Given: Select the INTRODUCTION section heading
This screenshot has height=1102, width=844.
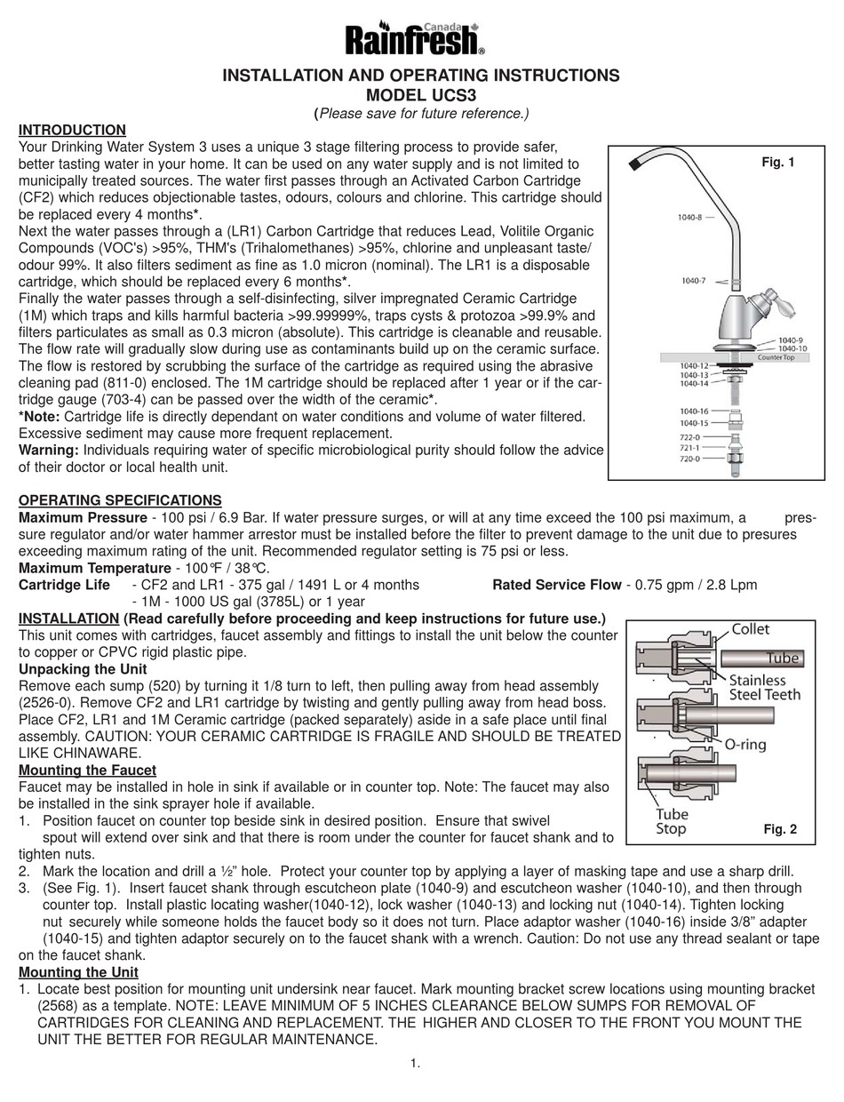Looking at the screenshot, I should point(72,130).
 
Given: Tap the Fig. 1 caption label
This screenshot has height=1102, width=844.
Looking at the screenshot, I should point(778,162).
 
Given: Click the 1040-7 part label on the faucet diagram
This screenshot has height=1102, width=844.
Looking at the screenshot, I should point(694,281).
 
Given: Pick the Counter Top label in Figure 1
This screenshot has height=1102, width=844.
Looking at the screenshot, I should point(775,357).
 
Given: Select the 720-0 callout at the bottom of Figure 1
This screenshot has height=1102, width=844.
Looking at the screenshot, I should point(690,459).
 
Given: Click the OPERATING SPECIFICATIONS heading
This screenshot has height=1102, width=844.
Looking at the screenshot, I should point(120,500).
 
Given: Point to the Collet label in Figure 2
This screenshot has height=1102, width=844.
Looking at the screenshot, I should point(750,629).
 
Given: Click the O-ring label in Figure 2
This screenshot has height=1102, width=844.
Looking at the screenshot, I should point(744,745).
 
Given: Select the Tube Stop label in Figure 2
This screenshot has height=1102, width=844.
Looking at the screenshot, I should point(672,821).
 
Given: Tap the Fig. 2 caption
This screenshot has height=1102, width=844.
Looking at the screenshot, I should point(780,829).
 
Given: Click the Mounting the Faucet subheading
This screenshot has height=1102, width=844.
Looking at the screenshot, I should point(87,771).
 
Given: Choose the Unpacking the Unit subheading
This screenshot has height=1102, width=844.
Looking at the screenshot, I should point(83,669).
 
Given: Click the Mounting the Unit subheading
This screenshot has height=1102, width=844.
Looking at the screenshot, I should point(78,972).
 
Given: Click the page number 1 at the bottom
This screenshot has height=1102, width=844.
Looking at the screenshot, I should point(416,1064).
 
